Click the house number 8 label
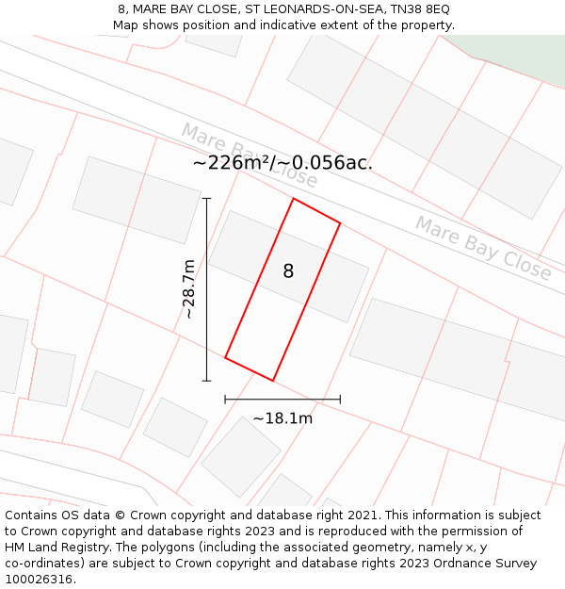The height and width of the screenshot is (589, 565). [x=288, y=271]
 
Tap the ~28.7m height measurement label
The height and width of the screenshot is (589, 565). [x=188, y=289]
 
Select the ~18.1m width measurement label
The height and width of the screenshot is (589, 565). [x=282, y=418]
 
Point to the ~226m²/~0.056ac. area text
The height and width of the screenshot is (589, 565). [x=282, y=163]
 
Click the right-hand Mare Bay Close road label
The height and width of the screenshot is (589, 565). [x=483, y=248]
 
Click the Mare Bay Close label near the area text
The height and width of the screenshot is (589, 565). [x=249, y=153]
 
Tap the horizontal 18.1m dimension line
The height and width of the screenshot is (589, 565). [x=282, y=400]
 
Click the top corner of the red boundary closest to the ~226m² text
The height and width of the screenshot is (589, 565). [x=294, y=199]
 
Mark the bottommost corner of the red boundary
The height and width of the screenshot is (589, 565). [x=273, y=381]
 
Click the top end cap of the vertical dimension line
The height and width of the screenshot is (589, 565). [x=206, y=198]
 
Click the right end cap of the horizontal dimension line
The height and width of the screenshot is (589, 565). [x=340, y=400]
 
